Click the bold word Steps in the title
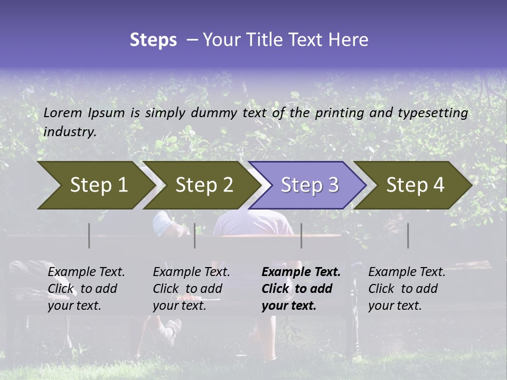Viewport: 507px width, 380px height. tap(153, 40)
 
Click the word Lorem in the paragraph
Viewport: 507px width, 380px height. tap(63, 112)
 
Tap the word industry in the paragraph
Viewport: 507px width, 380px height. tap(70, 132)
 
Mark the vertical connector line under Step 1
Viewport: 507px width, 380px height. tap(89, 235)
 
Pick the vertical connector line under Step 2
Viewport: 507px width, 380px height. tap(195, 235)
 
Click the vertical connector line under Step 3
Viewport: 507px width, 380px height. tap(301, 235)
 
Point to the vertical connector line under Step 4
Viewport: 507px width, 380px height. tap(408, 235)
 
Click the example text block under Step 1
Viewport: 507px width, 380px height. tap(86, 289)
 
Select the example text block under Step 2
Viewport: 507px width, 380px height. tap(191, 289)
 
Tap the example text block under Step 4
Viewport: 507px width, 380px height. tap(407, 289)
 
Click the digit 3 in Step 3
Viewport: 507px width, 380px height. tap(333, 185)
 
